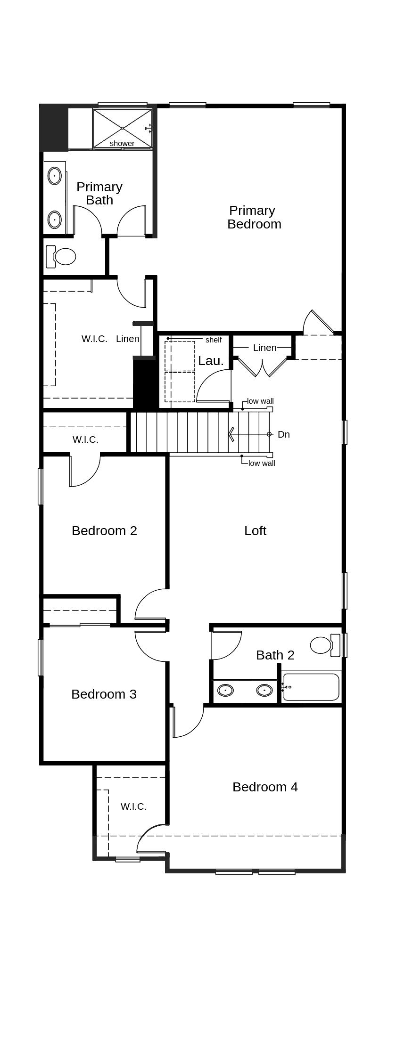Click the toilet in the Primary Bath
(61, 257)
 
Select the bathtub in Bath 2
(311, 687)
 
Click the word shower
(122, 143)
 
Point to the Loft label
(255, 531)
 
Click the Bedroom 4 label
(265, 787)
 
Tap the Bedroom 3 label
(104, 694)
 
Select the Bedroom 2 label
(104, 531)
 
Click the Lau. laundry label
(211, 361)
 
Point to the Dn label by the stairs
(283, 434)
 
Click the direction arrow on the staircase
(232, 434)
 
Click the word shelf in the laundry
(213, 340)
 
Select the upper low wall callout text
(260, 401)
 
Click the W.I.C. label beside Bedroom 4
(133, 806)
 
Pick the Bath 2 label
(275, 655)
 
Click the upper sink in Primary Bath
(55, 177)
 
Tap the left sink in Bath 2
(225, 691)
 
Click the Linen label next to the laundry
(264, 348)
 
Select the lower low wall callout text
(262, 464)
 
